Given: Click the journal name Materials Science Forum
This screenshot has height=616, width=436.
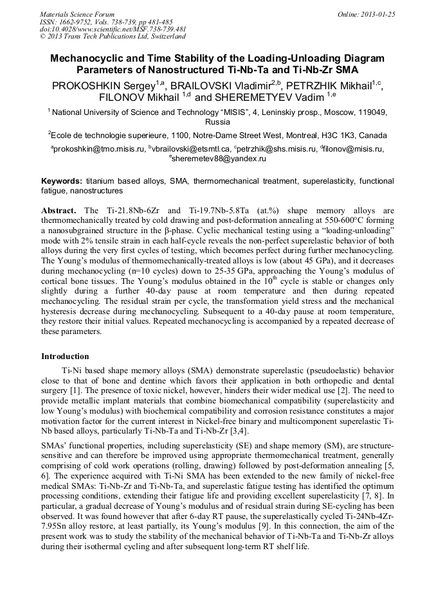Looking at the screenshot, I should click(x=77, y=13).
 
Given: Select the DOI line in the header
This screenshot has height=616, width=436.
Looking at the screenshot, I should click(x=114, y=29).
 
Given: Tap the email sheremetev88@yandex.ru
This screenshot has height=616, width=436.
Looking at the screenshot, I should click(x=219, y=159).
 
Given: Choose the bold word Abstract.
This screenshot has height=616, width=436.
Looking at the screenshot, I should click(x=59, y=211).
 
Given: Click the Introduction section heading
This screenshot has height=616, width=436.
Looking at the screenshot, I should click(x=65, y=356).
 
